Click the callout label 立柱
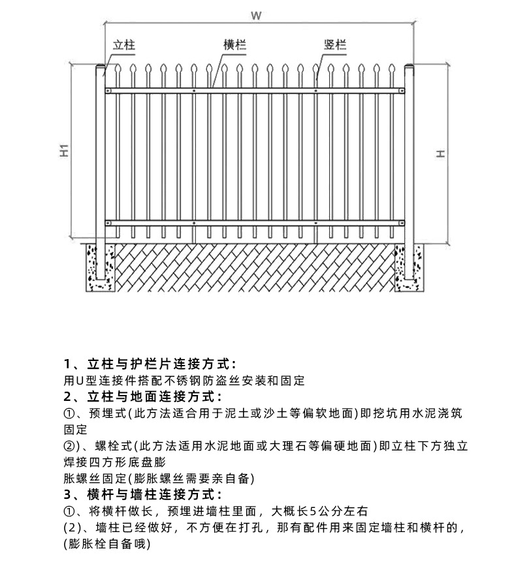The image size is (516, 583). pyautogui.click(x=124, y=45)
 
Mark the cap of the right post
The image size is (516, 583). pyautogui.click(x=410, y=68)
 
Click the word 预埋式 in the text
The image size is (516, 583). pyautogui.click(x=105, y=413)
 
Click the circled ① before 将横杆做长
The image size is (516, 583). pyautogui.click(x=69, y=511)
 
